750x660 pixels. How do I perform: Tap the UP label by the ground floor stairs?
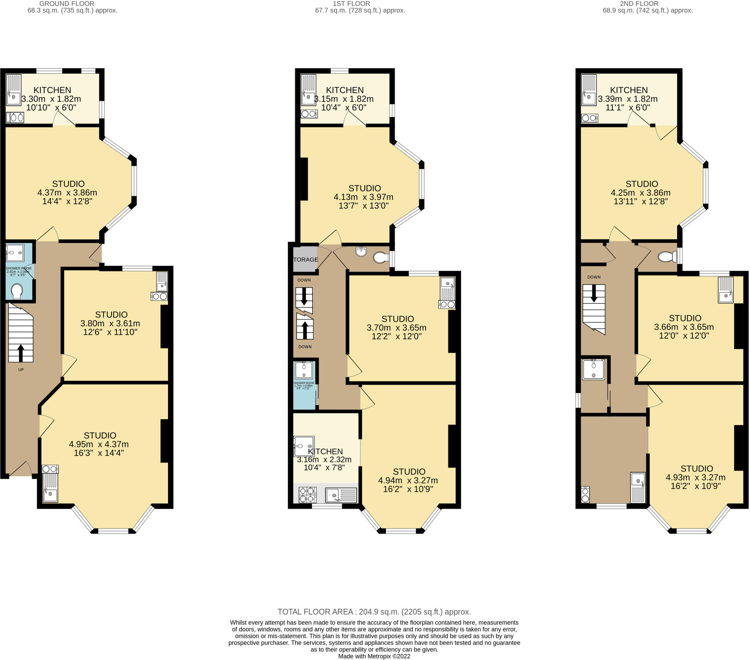pos(21,369)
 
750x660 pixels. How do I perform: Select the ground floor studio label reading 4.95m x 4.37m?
pos(100,444)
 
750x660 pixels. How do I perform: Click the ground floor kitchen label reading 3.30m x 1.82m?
pos(52,99)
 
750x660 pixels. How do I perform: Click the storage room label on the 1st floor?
pos(305,259)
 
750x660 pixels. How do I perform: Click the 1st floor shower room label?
pos(304,384)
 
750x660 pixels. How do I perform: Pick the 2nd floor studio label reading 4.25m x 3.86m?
pos(641,192)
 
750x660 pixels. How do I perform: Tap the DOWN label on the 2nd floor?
pos(594,277)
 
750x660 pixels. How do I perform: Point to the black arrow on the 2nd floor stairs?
pos(594,294)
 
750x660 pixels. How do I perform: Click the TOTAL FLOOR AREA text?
pos(374,612)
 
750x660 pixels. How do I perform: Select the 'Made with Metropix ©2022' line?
pos(374,656)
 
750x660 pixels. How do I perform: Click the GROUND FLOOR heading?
pos(66,4)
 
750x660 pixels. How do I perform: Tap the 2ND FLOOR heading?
pos(639,4)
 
